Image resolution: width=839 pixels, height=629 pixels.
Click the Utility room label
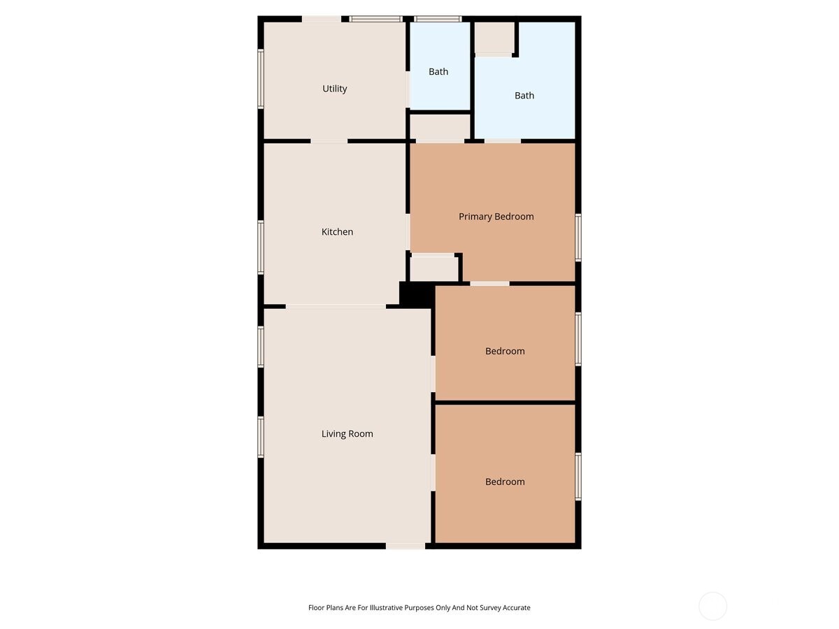334,89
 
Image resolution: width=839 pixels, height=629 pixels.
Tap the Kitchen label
337,232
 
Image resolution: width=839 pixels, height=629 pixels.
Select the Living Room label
347,434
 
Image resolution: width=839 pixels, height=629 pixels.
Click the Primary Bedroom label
496,217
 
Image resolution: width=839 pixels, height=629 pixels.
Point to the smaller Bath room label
438,72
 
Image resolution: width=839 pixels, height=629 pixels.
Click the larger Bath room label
524,96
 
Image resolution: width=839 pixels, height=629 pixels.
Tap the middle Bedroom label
505,352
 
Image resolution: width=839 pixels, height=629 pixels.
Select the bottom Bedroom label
505,482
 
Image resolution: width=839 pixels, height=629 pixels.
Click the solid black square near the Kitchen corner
416,294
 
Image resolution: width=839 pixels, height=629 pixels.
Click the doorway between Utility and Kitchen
329,141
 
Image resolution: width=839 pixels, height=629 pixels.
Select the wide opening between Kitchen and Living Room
336,306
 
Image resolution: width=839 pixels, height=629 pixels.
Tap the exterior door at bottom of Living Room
406,546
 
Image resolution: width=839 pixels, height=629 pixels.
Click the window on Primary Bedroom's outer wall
578,238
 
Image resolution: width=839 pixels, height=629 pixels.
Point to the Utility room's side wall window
261,78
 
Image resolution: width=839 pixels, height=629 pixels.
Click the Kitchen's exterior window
261,247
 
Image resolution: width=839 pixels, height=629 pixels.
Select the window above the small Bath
438,19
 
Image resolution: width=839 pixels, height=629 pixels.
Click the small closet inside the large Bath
494,38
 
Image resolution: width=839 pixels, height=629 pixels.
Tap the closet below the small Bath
439,126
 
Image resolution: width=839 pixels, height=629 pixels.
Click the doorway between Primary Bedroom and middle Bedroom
489,283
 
